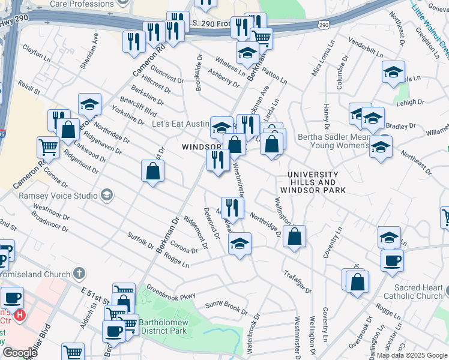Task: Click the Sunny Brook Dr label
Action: (226, 306)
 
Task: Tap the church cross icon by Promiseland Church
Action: (79, 274)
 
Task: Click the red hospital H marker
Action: (20, 314)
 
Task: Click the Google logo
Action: (20, 353)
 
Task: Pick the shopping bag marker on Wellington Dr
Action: (295, 236)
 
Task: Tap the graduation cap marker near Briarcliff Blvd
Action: (89, 104)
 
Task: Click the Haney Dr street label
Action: (327, 118)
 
